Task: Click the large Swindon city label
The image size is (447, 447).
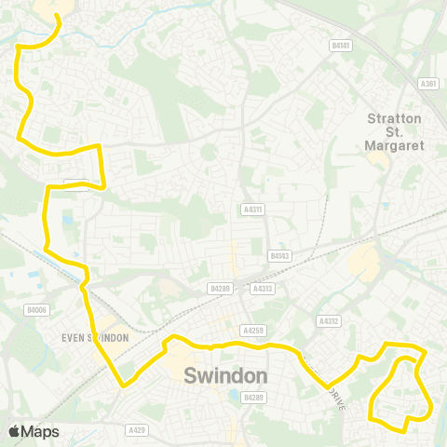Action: tap(226, 376)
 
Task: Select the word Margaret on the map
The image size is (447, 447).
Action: tap(396, 146)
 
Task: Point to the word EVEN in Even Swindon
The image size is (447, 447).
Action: tap(75, 338)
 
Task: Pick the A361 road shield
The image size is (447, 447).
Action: tap(428, 84)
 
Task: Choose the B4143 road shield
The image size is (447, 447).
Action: tap(278, 254)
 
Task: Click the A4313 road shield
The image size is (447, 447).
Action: tap(264, 289)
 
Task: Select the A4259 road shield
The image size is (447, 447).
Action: tap(251, 331)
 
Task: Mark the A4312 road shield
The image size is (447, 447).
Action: tap(327, 321)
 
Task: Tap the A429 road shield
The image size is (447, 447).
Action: tap(137, 429)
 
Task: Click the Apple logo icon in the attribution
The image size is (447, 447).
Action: tap(14, 431)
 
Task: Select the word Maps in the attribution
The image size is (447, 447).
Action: tap(40, 431)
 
